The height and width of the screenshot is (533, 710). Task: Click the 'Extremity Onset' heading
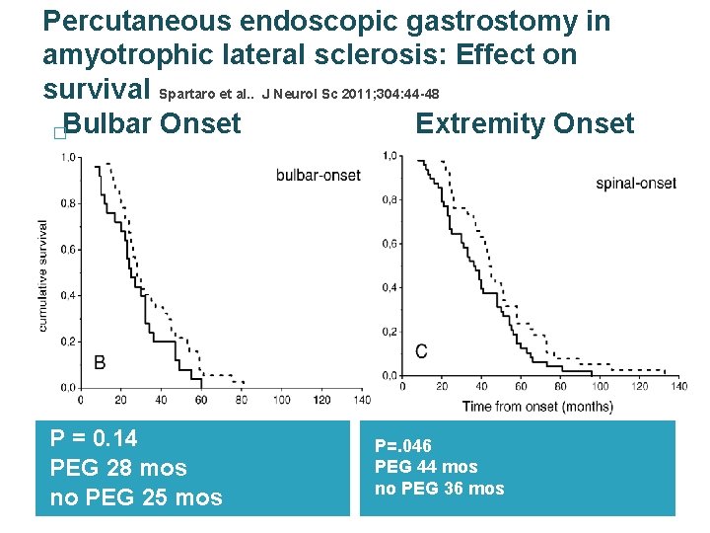(x=525, y=123)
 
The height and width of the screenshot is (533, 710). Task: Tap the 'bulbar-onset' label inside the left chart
(x=319, y=175)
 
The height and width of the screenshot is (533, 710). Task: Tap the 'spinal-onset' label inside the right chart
(x=635, y=184)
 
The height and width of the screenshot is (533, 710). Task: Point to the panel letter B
(x=100, y=363)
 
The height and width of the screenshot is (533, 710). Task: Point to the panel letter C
(x=421, y=352)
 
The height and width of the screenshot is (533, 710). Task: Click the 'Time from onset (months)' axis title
(x=537, y=407)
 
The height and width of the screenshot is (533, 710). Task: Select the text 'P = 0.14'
(x=94, y=438)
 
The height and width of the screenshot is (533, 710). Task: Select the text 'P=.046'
(x=403, y=446)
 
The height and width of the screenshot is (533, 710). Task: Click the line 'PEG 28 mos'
(x=117, y=467)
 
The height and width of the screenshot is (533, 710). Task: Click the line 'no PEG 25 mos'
(x=136, y=496)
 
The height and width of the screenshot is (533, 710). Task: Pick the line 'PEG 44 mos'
(x=426, y=467)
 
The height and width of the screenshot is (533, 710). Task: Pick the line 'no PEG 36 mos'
(x=439, y=488)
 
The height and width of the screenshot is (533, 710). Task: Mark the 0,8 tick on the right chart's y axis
(x=391, y=200)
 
